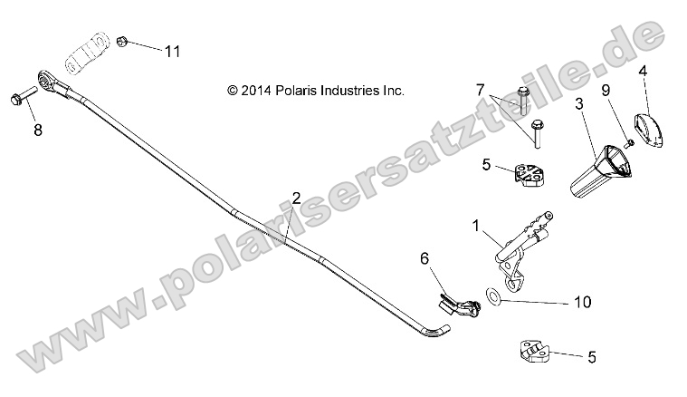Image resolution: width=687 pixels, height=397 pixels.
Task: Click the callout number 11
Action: pos(172,51)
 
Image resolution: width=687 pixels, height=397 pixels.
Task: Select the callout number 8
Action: pos(37,130)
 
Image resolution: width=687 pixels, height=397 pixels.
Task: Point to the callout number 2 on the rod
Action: pos(295,198)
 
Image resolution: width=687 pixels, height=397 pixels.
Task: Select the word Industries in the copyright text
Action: pos(338,91)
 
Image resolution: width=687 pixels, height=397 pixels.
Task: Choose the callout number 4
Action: pos(643,70)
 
